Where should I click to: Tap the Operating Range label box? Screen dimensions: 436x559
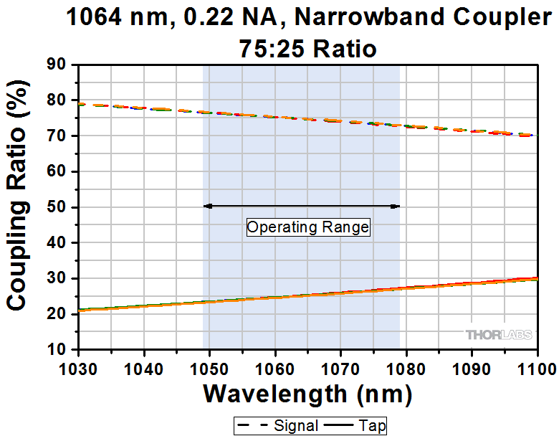(x=307, y=227)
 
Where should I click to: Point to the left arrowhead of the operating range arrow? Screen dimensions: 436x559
(x=207, y=206)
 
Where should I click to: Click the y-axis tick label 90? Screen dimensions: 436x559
(x=57, y=65)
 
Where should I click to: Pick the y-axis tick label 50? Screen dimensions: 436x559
(x=57, y=207)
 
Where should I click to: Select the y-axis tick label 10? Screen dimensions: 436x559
(x=57, y=349)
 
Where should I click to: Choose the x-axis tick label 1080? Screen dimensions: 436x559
(x=406, y=369)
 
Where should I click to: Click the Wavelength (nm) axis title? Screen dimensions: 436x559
(x=307, y=394)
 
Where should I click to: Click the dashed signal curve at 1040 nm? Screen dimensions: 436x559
(x=145, y=108)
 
